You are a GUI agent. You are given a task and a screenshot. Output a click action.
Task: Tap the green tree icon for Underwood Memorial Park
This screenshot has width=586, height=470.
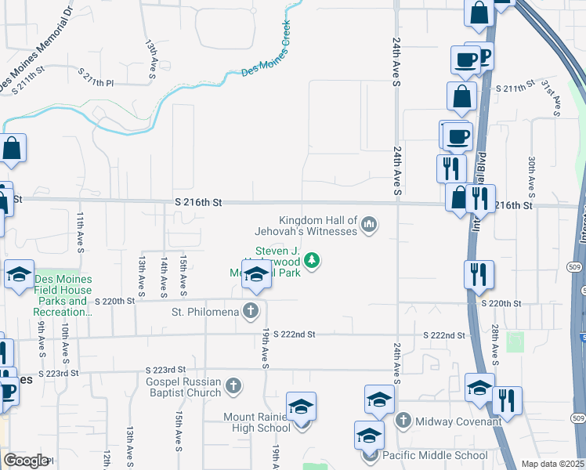click(313, 259)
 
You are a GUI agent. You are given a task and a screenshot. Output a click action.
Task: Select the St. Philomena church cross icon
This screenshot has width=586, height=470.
click(251, 312)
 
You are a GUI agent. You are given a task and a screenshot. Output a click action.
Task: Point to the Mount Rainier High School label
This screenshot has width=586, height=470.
click(257, 422)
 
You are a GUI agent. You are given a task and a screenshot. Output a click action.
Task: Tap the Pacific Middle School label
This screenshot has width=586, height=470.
click(436, 455)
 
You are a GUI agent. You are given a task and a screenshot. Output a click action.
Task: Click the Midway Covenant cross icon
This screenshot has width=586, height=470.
click(403, 421)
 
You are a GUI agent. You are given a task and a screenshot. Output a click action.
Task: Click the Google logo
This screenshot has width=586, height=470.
click(26, 461)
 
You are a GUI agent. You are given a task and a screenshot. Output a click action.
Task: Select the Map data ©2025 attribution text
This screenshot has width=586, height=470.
click(552, 464)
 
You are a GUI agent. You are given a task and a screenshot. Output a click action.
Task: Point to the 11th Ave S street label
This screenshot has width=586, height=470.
click(81, 231)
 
